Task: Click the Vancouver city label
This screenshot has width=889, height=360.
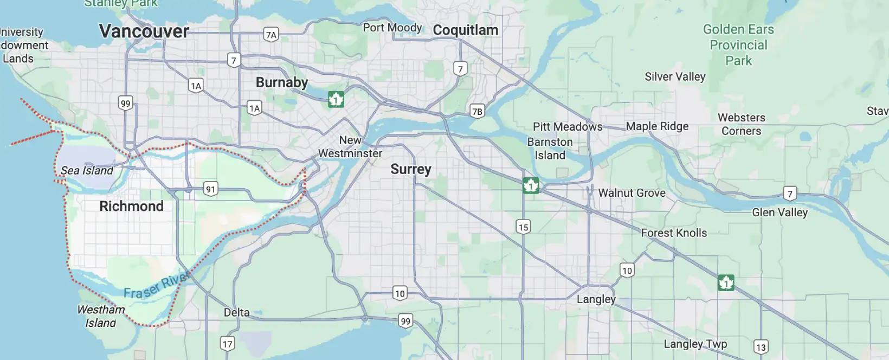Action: coord(144,31)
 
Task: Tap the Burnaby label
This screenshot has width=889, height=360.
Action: coord(281,82)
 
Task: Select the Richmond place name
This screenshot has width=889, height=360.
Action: coord(131,206)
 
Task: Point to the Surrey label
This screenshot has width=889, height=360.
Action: coord(410,169)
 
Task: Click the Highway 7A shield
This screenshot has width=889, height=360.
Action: coord(271,35)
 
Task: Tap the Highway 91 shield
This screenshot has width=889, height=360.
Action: coord(210,189)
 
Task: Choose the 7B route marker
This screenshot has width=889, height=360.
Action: coord(477,112)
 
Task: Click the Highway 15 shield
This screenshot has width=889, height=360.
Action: coord(523,227)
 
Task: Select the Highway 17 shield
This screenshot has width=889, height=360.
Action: coord(227,344)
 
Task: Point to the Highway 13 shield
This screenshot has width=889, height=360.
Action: coord(761,348)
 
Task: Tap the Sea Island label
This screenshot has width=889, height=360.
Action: coord(87,170)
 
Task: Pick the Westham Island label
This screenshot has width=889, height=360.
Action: coord(101,316)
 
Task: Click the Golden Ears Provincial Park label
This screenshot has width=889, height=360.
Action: coord(738,45)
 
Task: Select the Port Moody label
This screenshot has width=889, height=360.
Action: coord(392,28)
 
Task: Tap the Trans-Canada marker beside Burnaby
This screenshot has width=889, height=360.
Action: coord(336,100)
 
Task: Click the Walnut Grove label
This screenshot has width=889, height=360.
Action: coord(632,193)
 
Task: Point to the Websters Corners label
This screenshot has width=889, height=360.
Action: coord(741,124)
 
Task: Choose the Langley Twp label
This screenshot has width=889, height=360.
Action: coord(695,344)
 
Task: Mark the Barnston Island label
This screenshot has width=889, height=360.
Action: coord(550,149)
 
